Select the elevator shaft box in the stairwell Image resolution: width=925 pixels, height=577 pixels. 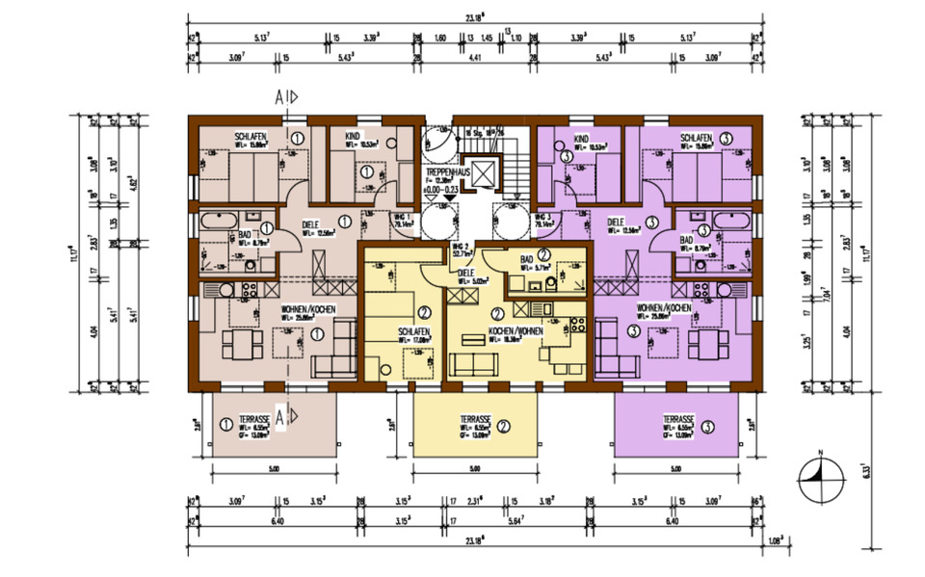click(479, 174)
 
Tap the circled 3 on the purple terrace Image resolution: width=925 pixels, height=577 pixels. click(708, 426)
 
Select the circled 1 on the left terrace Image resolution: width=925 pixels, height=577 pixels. click(225, 423)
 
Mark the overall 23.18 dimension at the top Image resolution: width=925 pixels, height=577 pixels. click(472, 16)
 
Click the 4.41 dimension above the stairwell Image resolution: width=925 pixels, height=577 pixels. click(472, 58)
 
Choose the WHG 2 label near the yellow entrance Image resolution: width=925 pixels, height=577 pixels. click(462, 249)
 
